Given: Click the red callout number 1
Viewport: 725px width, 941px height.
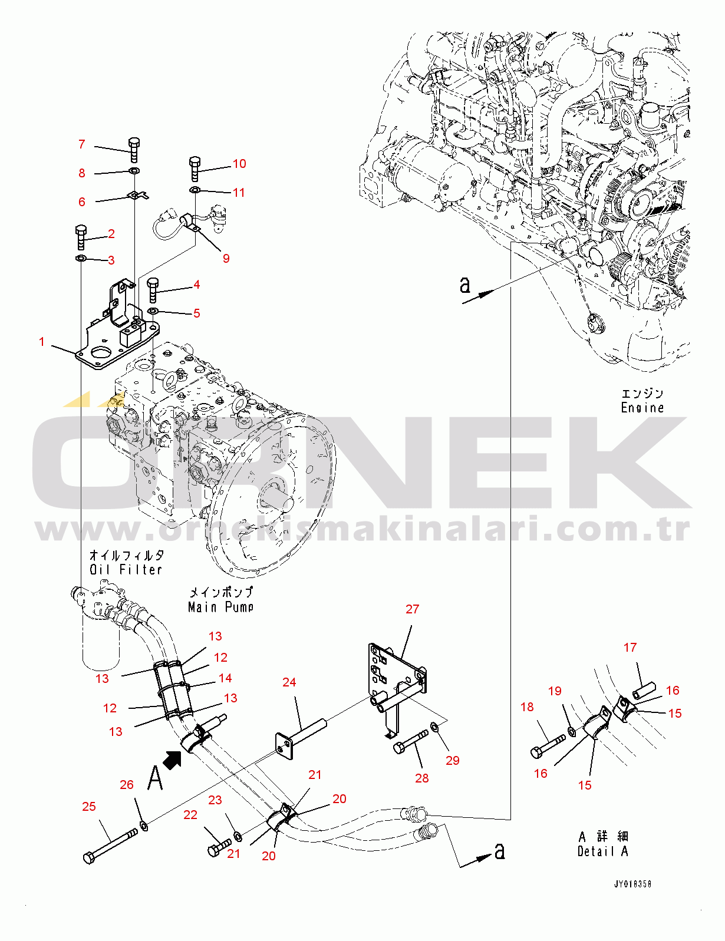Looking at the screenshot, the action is coord(42,342).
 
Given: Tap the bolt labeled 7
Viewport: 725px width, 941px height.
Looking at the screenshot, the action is coord(134,150).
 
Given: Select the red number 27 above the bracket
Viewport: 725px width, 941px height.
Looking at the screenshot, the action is coord(412,609).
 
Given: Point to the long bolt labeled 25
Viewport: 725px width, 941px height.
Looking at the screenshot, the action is coord(110,846).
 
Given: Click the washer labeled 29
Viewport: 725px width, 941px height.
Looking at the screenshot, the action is coord(434,725).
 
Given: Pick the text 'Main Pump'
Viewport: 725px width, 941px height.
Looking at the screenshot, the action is coord(220,607).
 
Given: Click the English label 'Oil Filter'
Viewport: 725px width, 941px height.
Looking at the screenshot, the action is coord(126,569).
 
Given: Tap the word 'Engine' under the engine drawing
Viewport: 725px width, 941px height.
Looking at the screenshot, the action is coord(642,408).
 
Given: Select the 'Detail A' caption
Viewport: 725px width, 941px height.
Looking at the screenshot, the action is coord(603,851).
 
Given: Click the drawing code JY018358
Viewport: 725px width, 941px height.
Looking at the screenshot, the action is coord(632,884).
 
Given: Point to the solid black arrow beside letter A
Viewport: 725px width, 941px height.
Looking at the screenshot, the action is coord(172,760).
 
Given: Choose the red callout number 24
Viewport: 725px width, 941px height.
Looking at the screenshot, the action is coord(289,682).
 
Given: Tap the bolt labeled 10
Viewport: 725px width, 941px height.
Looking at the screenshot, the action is coord(195,169).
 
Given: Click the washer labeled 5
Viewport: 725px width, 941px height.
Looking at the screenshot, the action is coord(153,311).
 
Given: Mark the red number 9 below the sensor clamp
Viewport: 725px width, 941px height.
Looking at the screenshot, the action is coord(226,259).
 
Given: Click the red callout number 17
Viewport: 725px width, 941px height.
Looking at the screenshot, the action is coord(630,648).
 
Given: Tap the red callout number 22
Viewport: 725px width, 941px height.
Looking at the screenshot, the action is coord(190,814).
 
